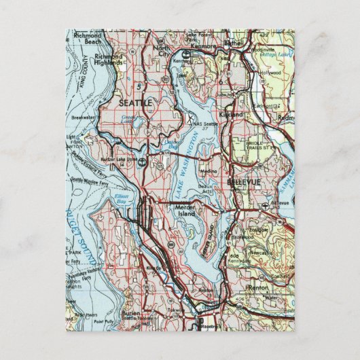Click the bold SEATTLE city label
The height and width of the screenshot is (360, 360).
click(136, 101)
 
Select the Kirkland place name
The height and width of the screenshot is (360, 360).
click(232, 116)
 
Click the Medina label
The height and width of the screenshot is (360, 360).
click(209, 172)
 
